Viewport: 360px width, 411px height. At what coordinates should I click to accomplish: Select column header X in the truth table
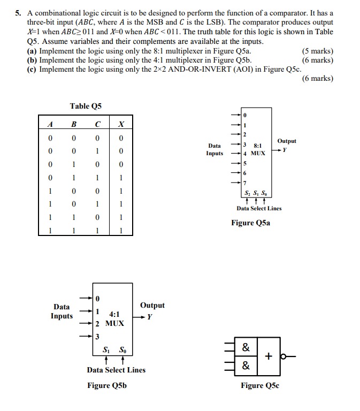121,124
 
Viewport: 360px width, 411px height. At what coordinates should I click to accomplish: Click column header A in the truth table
50,124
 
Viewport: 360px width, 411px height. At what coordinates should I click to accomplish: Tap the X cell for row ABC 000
121,138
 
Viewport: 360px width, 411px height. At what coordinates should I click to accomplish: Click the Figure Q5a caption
250,223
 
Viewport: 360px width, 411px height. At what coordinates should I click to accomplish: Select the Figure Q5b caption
107,385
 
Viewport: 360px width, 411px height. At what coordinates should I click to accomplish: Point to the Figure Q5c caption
260,385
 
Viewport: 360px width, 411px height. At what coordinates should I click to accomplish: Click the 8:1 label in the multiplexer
257,145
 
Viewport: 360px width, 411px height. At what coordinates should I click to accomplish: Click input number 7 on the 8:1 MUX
244,182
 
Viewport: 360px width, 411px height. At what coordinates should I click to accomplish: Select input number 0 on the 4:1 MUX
97,298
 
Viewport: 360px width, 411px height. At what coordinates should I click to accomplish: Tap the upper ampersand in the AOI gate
246,347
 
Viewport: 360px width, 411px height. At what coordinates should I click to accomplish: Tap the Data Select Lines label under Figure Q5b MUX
116,370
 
